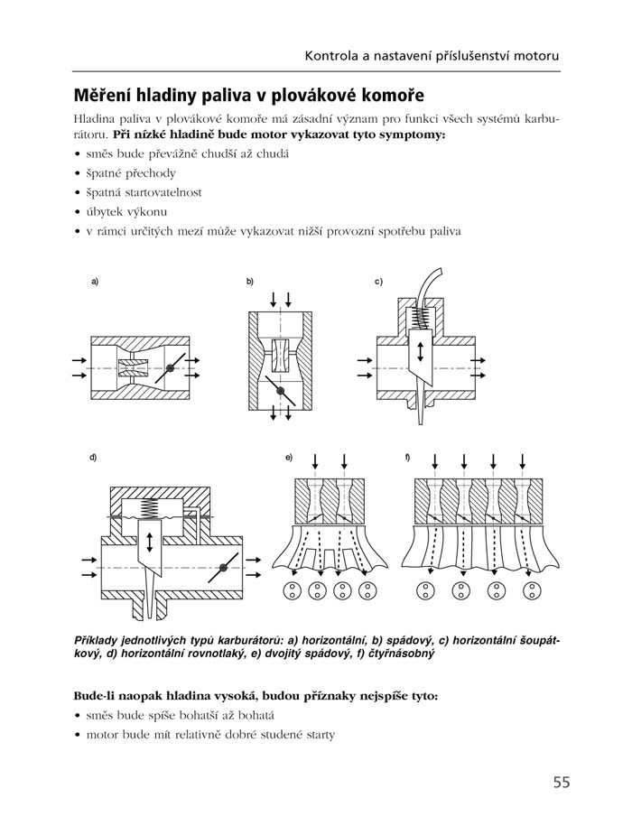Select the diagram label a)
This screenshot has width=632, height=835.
(x=94, y=283)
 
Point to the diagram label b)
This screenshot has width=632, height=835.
(x=250, y=283)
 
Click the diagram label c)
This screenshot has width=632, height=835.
(x=379, y=283)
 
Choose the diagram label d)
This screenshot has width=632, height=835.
(x=93, y=458)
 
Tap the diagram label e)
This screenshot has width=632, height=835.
(x=288, y=458)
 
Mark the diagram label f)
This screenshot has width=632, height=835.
(x=408, y=458)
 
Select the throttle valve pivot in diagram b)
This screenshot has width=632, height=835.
(x=281, y=390)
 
